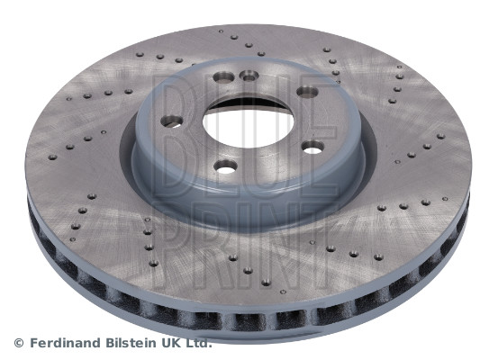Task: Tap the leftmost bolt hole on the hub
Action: pyautogui.click(x=171, y=121)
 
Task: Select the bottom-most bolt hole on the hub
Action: pyautogui.click(x=225, y=166)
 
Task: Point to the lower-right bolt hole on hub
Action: pyautogui.click(x=312, y=147)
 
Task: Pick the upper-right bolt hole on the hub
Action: pyautogui.click(x=306, y=91)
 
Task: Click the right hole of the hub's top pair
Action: pyautogui.click(x=250, y=76)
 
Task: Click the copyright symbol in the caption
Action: pyautogui.click(x=19, y=343)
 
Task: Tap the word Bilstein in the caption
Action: pyautogui.click(x=132, y=343)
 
